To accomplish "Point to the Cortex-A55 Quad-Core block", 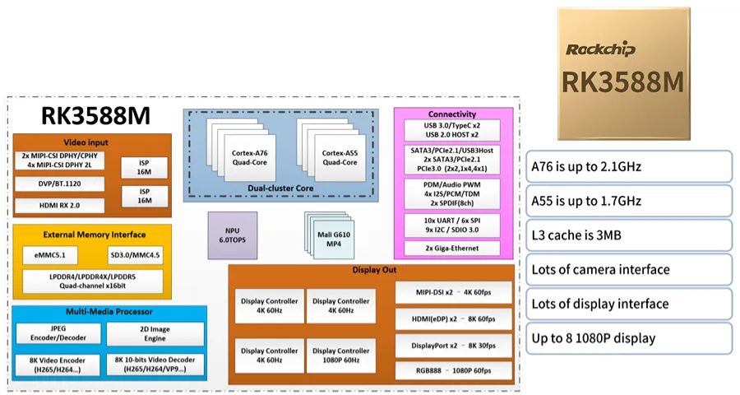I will (337, 156).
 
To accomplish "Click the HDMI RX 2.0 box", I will (59, 205).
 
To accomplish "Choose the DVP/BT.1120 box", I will (59, 184).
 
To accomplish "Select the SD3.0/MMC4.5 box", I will (136, 256).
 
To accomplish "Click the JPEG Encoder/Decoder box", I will (57, 333).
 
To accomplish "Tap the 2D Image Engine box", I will (155, 333).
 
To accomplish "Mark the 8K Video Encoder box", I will (57, 365).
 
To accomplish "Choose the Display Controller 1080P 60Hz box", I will (340, 354).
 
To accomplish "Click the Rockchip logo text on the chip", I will (601, 49).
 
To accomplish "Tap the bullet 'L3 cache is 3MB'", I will (628, 235).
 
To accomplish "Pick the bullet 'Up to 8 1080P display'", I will (628, 338).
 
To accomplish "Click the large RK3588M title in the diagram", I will (86, 115).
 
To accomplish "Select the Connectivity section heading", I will (451, 114).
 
